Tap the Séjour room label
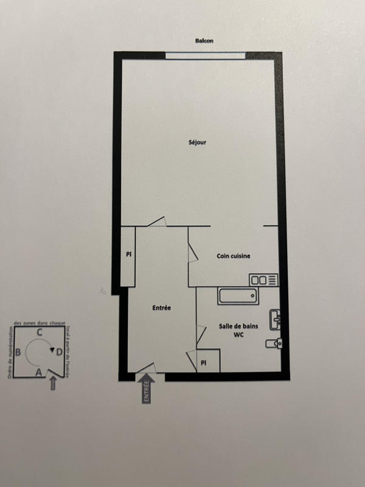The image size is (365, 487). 197,143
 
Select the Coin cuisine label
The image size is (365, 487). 234,256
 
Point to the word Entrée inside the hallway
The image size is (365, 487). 161,308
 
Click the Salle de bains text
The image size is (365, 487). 238,327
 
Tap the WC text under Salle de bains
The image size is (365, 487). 238,335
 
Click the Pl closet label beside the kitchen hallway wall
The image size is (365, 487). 129,254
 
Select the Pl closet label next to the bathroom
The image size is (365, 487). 203,363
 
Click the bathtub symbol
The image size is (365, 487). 237,297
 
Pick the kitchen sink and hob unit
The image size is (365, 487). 263,280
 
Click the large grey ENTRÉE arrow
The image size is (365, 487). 146,388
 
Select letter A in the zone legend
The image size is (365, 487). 40,371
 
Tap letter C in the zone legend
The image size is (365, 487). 40,332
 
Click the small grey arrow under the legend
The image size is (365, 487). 53,383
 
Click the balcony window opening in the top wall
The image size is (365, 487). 205,56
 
